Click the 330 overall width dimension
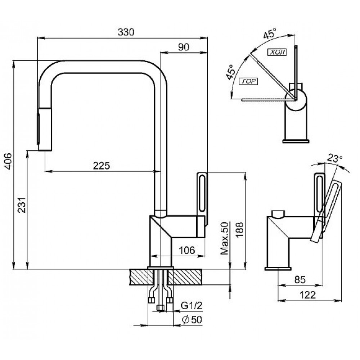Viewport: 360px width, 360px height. coord(126,32)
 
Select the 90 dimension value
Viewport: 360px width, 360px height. coord(184,46)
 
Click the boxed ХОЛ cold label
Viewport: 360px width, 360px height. coord(276,52)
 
